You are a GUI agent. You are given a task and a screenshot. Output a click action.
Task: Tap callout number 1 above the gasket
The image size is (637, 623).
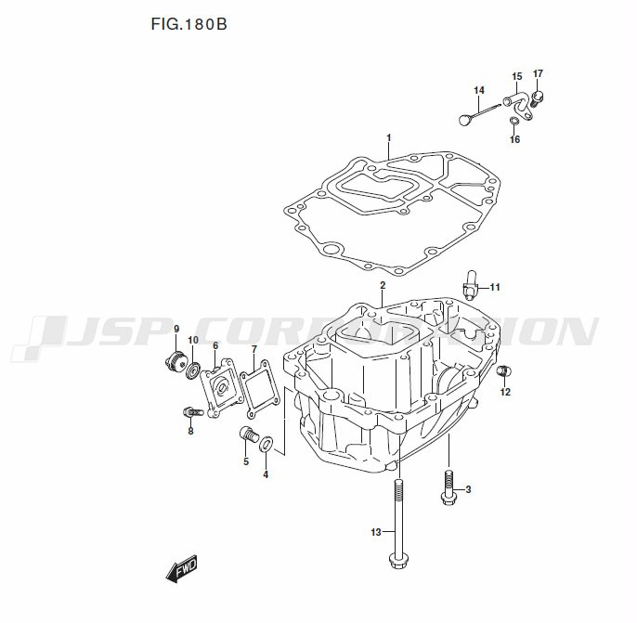(x=389, y=138)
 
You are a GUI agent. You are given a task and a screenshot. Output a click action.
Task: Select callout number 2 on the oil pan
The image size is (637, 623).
(x=382, y=285)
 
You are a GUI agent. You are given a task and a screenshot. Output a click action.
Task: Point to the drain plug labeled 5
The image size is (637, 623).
(x=248, y=435)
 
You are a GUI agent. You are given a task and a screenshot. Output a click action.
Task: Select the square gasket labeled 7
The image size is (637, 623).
(x=257, y=381)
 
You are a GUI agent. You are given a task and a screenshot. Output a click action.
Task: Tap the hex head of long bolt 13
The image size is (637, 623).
(x=398, y=560)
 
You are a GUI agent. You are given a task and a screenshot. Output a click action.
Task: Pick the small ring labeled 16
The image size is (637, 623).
(x=513, y=121)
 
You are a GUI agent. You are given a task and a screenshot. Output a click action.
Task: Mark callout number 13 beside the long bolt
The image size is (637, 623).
(x=376, y=532)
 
